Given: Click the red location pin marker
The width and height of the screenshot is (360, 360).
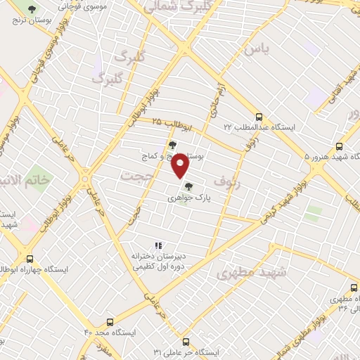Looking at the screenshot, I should coord(181,166).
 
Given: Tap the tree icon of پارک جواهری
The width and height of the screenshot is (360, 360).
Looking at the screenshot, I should coord(188,186).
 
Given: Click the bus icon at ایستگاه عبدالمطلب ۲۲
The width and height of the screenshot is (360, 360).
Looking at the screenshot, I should coord(259,117).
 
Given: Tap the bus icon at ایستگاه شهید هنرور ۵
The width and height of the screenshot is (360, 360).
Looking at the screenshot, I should coord(340,147).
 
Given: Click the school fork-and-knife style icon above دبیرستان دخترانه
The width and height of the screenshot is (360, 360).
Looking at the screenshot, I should coord(159,245).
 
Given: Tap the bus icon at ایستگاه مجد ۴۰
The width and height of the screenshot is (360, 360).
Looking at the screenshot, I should coord(108,320).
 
